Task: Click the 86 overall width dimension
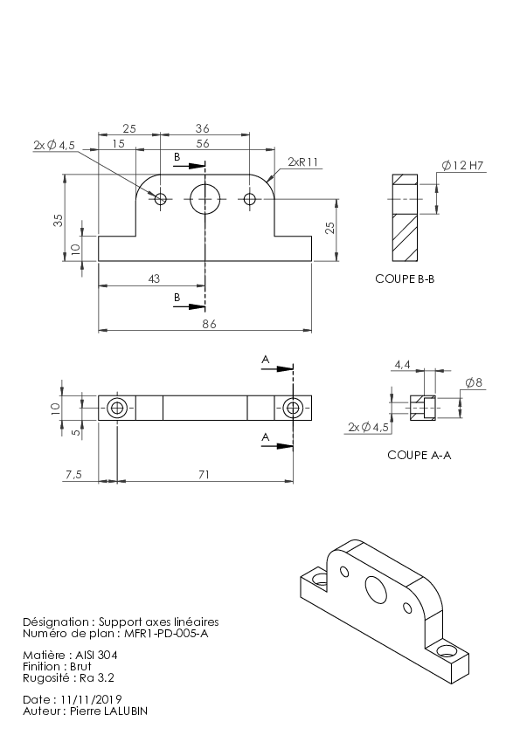210,324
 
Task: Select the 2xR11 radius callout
302,162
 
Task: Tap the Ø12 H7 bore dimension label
462,166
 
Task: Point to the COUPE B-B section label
405,279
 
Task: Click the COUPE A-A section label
419,455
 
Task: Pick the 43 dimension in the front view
154,279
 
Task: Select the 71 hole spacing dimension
204,475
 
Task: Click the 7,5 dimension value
73,475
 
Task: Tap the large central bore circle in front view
205,199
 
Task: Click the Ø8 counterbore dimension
474,383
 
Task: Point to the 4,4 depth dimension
402,364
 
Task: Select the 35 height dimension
58,220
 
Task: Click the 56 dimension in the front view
203,144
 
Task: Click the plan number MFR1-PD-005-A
166,634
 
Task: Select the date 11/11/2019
91,700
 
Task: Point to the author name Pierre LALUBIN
108,711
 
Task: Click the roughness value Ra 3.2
97,677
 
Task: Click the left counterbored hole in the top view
117,408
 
